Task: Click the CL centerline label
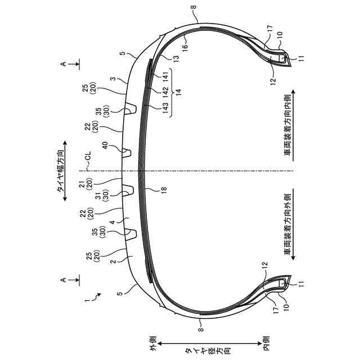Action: (88, 156)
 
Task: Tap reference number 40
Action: (105, 146)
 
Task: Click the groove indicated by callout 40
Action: (126, 153)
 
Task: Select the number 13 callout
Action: (176, 58)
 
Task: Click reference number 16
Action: (185, 46)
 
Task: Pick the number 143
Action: (165, 107)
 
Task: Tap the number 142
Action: (165, 91)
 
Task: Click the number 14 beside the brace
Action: (178, 91)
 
